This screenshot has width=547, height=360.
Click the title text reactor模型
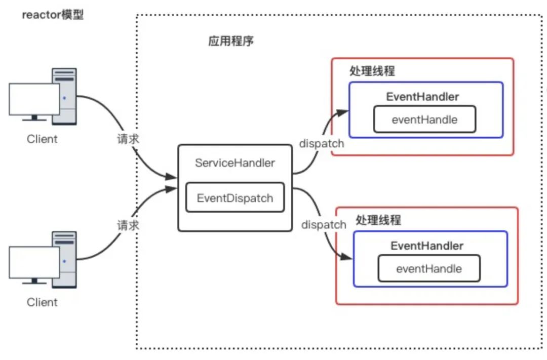[x=53, y=15]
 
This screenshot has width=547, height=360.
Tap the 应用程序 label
[x=231, y=41]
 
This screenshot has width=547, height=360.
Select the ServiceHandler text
[x=235, y=163]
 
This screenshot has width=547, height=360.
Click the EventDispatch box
[x=235, y=198]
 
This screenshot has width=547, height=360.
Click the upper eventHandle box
[x=424, y=119]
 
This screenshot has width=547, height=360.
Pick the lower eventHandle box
[x=429, y=268]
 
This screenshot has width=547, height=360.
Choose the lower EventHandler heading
[x=427, y=246]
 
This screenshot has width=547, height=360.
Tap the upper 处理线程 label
[x=372, y=71]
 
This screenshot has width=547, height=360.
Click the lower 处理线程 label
[x=378, y=220]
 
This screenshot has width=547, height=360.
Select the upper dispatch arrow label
[x=322, y=143]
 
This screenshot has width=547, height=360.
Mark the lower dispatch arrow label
[x=324, y=224]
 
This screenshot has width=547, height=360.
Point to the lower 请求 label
[x=128, y=226]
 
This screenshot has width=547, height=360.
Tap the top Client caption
[x=43, y=139]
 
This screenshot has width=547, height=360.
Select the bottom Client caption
[x=43, y=302]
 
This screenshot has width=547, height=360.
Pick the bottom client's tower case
[x=65, y=258]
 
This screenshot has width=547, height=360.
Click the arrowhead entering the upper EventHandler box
[x=344, y=111]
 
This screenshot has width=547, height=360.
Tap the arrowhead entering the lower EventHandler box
[x=348, y=258]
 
